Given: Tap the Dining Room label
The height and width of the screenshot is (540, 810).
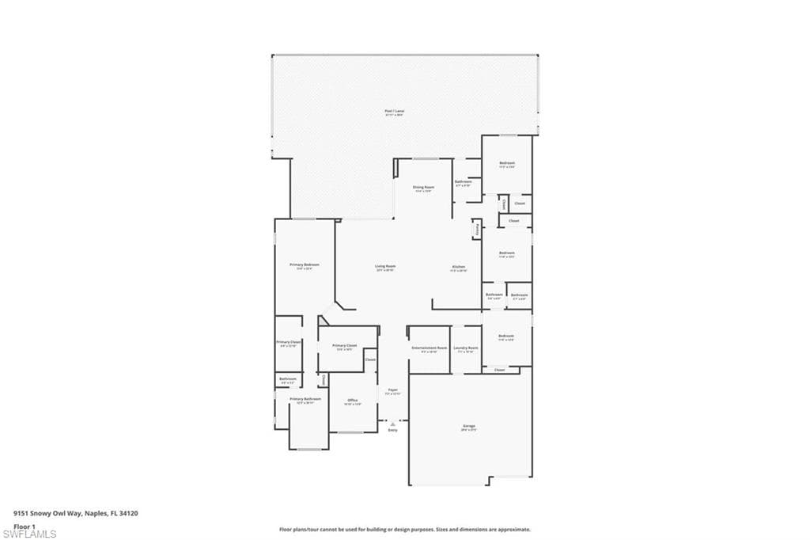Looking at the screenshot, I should pos(424,188).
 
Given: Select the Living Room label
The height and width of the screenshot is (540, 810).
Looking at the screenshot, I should pos(385,267).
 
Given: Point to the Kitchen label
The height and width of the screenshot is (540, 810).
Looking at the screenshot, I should pos(459,268).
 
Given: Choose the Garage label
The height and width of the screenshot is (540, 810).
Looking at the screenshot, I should pos(469,426).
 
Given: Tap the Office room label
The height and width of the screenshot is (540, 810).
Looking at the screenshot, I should pos(353,401).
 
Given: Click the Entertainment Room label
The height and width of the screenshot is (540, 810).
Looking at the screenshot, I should pos(430,348).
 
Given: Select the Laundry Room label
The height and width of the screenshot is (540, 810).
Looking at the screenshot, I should pos(466,348).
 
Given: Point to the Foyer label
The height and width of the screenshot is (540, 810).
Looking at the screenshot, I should pos(393,390).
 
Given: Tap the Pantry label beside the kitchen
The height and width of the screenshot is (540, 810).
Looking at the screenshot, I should pos(477,229).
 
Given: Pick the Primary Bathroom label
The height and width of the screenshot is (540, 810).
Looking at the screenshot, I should pos(305,399).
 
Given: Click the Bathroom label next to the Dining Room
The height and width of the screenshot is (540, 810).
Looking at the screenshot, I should pos(464,182).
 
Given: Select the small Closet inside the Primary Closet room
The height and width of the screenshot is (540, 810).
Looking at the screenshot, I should pos(369,359).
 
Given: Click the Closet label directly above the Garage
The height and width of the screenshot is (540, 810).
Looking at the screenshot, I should pos(499,370).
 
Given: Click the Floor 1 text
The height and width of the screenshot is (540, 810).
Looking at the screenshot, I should pos(25,525).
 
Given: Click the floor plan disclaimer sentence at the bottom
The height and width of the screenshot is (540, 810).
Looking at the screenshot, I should pos(404,529).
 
